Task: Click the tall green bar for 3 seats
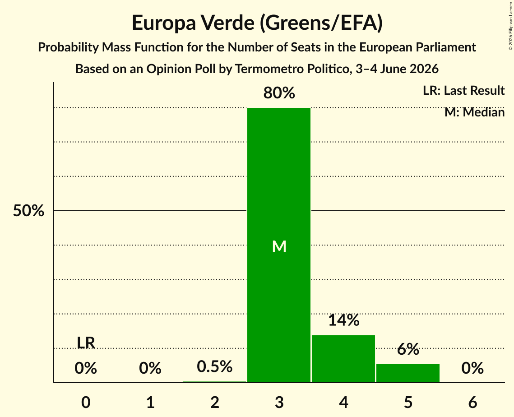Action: (x=279, y=245)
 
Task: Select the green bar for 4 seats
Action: (x=343, y=359)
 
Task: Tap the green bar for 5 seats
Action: (x=408, y=373)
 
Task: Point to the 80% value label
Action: (x=279, y=93)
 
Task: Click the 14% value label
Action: (x=343, y=320)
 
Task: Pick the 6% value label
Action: (x=408, y=349)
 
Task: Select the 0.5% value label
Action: (x=214, y=366)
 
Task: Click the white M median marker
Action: (x=279, y=246)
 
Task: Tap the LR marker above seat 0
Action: (x=86, y=343)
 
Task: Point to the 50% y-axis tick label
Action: (x=28, y=211)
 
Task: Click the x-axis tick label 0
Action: (x=86, y=403)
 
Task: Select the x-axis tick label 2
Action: (x=215, y=403)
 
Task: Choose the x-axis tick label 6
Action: (x=472, y=403)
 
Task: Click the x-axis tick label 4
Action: (x=343, y=403)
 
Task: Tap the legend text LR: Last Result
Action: (x=463, y=90)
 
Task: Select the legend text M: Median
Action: (x=474, y=112)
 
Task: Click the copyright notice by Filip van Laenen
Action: (x=510, y=26)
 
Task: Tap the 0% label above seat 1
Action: (x=150, y=368)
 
